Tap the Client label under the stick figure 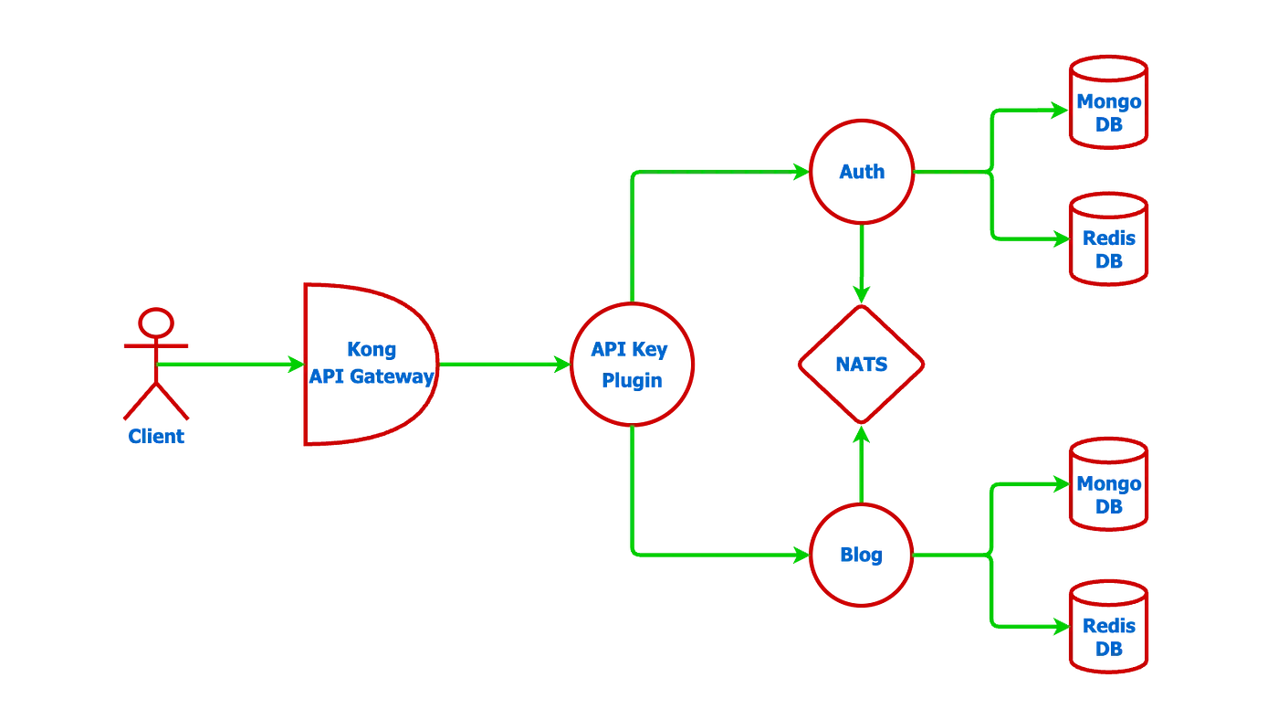pyautogui.click(x=156, y=436)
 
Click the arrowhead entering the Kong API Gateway pyautogui.click(x=295, y=365)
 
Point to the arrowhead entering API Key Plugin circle pyautogui.click(x=560, y=364)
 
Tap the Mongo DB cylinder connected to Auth pyautogui.click(x=1108, y=101)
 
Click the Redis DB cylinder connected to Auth pyautogui.click(x=1108, y=239)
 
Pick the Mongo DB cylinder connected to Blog pyautogui.click(x=1108, y=484)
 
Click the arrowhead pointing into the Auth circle pyautogui.click(x=799, y=171)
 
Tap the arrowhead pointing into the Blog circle pyautogui.click(x=799, y=555)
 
